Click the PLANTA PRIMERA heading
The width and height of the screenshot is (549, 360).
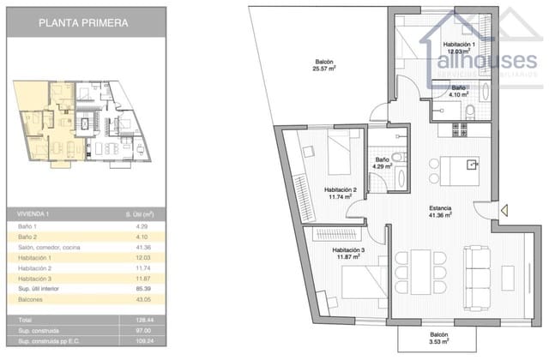(x=83, y=23)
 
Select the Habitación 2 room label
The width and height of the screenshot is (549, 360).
(x=341, y=193)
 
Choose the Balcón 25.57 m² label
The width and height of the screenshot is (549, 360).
(x=323, y=66)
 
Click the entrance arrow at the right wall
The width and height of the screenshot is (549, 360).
(x=504, y=208)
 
